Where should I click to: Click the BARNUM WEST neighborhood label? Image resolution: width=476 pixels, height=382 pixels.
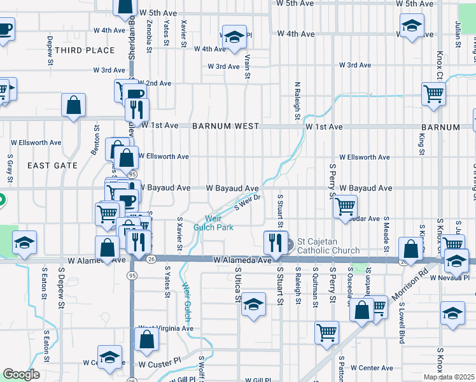click(x=226, y=126)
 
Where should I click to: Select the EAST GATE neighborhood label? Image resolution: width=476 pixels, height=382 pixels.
click(x=52, y=166)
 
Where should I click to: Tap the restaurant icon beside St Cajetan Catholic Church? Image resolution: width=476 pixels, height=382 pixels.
click(x=276, y=241)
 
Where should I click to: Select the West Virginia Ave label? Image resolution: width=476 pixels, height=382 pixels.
click(x=165, y=329)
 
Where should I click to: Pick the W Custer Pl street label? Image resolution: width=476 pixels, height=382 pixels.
click(x=160, y=365)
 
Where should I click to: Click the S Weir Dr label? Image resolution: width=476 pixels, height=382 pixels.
click(x=248, y=202)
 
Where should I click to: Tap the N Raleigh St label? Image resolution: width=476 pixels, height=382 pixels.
click(x=297, y=101)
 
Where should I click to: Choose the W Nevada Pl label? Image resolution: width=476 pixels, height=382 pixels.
click(x=449, y=278)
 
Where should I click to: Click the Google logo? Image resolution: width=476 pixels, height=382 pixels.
click(x=21, y=374)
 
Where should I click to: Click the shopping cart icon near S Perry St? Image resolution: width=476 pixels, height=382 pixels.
click(x=345, y=205)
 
